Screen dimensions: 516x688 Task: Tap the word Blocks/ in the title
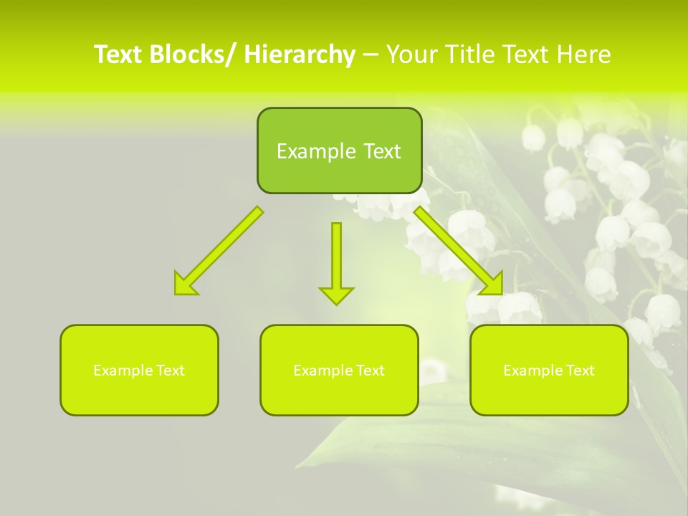[191, 55]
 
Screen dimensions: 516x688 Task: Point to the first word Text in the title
[119, 55]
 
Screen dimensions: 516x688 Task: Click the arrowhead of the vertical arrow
[336, 295]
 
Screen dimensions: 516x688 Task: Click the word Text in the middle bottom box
[371, 371]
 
